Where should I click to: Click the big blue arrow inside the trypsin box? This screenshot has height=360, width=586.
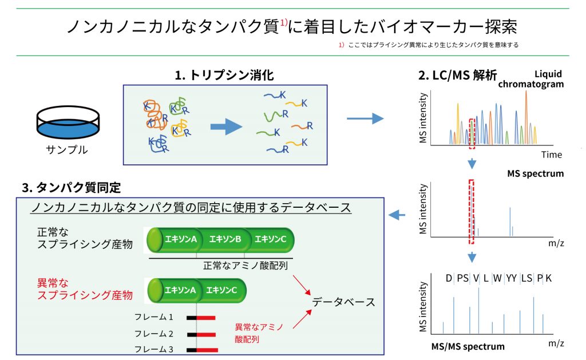(x=226, y=127)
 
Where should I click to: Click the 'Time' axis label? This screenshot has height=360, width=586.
(x=552, y=155)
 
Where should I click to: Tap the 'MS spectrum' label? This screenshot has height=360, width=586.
(x=535, y=173)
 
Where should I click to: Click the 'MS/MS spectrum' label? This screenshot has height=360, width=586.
(x=468, y=346)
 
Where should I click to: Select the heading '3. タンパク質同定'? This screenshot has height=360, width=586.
(x=72, y=187)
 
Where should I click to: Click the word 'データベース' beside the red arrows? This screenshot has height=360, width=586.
(x=343, y=302)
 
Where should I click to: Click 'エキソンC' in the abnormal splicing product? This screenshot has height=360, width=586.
(x=222, y=290)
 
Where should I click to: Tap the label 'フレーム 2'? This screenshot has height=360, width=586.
(x=154, y=333)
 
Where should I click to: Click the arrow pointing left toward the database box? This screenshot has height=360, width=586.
(x=397, y=215)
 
